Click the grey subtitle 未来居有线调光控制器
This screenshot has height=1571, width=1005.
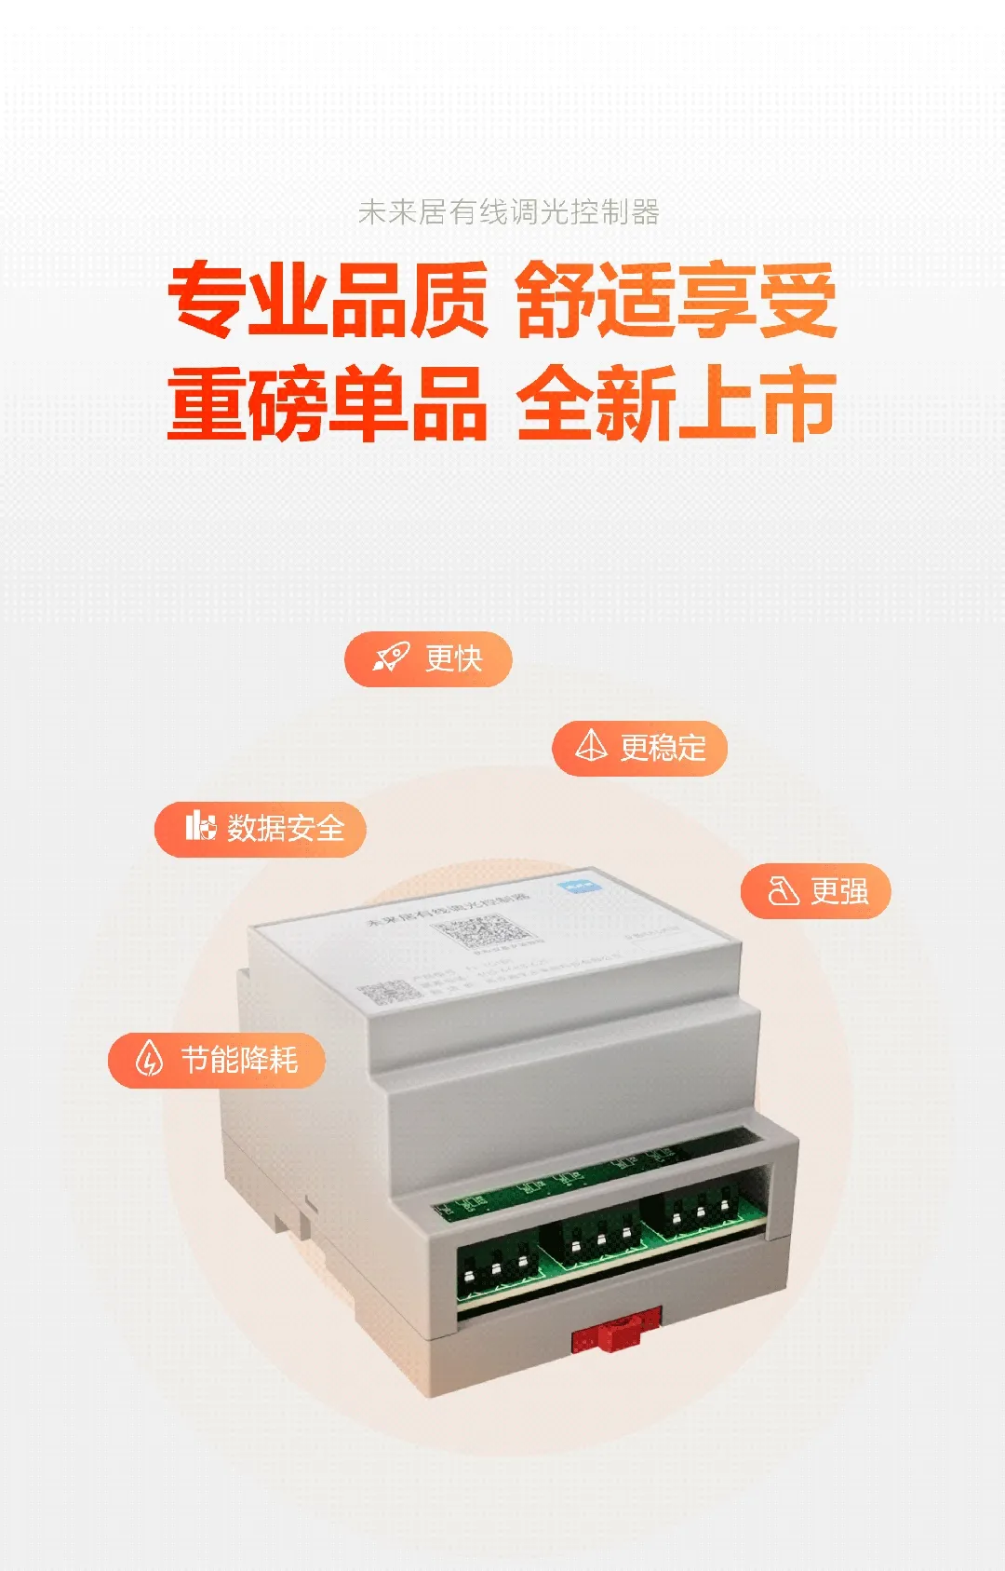point(508,212)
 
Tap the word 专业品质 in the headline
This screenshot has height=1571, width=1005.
point(328,300)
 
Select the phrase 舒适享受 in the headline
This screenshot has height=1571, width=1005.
point(676,300)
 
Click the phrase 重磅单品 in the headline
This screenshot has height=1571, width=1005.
point(328,403)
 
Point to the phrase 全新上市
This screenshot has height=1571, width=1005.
point(676,403)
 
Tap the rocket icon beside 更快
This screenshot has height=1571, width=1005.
point(391,658)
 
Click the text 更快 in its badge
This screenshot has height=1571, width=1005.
point(453,659)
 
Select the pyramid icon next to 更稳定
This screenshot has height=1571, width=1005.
point(591,746)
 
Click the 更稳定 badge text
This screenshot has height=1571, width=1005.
point(663,748)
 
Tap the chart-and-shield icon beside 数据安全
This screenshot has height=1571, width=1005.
point(199,826)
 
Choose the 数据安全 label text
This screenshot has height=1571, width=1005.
point(286,828)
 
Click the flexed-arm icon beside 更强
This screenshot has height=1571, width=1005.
point(783,891)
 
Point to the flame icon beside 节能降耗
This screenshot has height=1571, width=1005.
point(149,1059)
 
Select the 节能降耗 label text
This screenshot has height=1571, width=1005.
point(239,1060)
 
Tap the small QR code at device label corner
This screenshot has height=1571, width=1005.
point(390,993)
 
